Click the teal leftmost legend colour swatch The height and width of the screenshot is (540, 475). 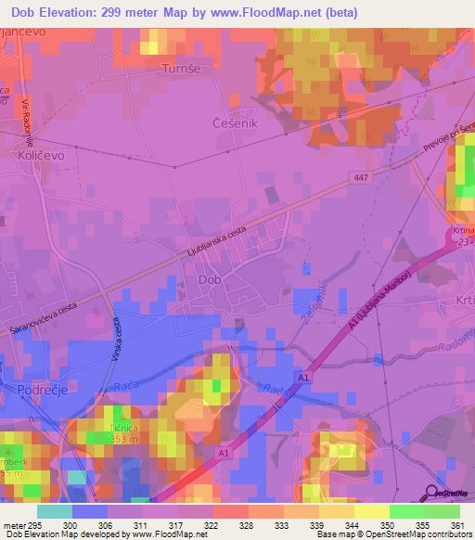(54, 511)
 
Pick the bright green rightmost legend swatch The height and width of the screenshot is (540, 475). (442, 511)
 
